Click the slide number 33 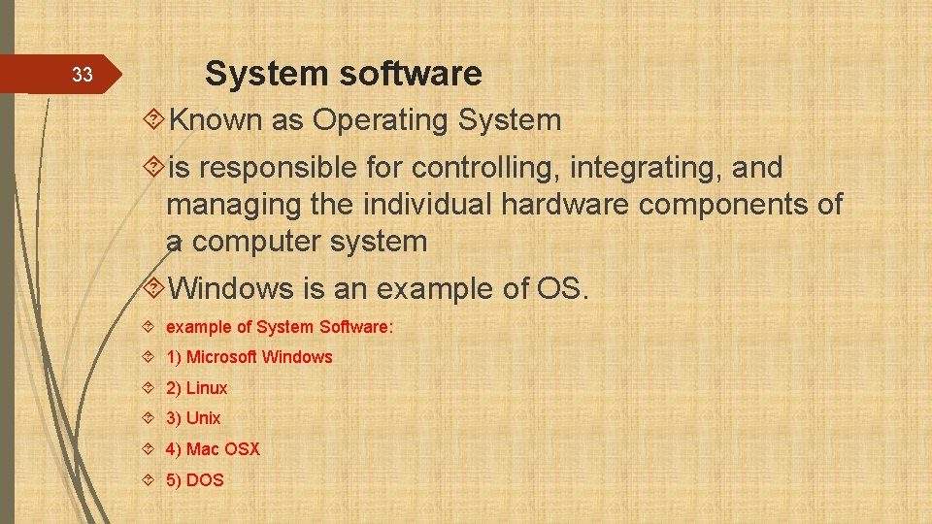click(x=83, y=75)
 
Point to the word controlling click(x=486, y=168)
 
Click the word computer click(x=257, y=242)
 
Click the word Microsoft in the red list click(x=221, y=357)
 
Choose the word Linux click(x=207, y=388)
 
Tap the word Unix click(x=204, y=418)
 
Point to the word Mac click(x=202, y=449)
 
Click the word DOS click(x=205, y=480)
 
